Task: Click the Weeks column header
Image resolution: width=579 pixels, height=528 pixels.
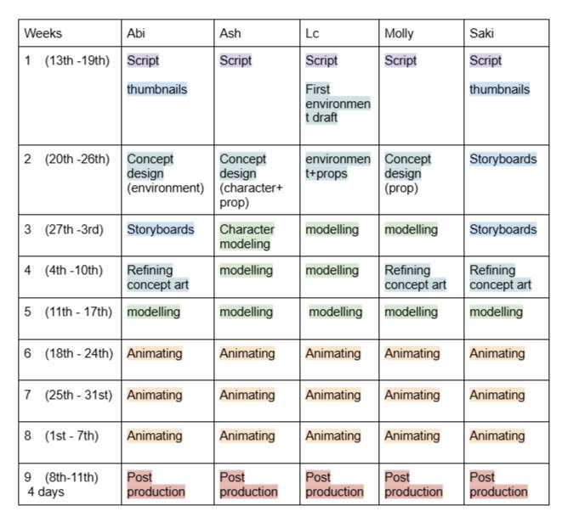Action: point(43,33)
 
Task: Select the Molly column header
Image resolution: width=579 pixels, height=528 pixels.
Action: point(399,34)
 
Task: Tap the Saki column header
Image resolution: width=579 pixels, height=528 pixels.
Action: point(481,33)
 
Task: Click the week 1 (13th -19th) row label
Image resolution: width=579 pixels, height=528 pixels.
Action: point(67,60)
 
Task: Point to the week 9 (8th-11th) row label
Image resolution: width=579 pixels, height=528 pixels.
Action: point(61,477)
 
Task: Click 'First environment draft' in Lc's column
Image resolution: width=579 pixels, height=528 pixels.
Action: point(338,104)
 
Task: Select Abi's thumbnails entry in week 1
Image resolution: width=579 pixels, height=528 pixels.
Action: point(157,89)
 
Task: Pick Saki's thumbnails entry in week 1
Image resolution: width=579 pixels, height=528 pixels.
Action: point(500,89)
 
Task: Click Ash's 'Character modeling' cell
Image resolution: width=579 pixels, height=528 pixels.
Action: point(247,236)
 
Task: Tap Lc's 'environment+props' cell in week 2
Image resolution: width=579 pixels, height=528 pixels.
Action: point(338,166)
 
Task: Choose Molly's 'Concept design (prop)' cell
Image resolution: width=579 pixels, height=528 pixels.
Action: point(407,173)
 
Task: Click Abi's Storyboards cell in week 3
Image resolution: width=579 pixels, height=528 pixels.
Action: point(160,229)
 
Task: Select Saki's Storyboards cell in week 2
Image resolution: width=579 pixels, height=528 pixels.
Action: point(503,159)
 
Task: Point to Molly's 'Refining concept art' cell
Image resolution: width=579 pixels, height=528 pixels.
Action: point(416,278)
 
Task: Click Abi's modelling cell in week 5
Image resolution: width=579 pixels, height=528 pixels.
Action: point(153,312)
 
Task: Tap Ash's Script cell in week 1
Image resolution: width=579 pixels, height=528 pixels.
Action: point(236,60)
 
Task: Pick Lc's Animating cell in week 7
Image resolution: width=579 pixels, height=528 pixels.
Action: point(333,395)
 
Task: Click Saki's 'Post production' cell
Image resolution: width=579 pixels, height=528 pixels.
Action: point(498,485)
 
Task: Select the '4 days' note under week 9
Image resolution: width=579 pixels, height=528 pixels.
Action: point(46,491)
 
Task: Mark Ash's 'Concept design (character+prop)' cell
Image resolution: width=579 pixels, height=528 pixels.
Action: point(251,181)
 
